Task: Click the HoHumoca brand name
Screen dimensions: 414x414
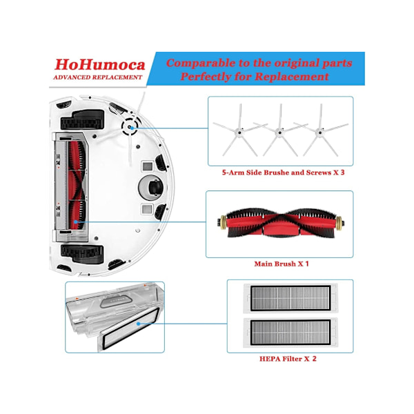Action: [x=100, y=65]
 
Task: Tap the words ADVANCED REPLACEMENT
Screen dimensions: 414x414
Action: [x=98, y=77]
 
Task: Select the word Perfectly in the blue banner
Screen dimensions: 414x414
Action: [x=205, y=77]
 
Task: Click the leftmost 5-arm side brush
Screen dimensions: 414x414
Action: [x=239, y=130]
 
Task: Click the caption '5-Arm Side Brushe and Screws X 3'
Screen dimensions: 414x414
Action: [x=283, y=172]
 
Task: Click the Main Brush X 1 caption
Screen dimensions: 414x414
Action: [x=282, y=264]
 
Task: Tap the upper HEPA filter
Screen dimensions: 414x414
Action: [x=290, y=298]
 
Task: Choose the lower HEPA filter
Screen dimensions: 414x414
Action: [x=290, y=333]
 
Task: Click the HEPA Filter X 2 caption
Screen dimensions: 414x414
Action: [x=288, y=359]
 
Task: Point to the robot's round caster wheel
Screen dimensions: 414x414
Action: [x=151, y=188]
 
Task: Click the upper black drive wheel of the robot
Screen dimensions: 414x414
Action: [x=82, y=120]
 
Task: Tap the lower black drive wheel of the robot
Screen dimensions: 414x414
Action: [x=82, y=254]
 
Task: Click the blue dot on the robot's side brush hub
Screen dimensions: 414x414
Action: [x=132, y=128]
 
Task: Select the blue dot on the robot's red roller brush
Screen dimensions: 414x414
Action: [x=76, y=221]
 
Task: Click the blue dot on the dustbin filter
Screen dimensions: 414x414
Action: [x=138, y=324]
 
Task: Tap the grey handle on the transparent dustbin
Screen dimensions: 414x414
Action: [x=116, y=302]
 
